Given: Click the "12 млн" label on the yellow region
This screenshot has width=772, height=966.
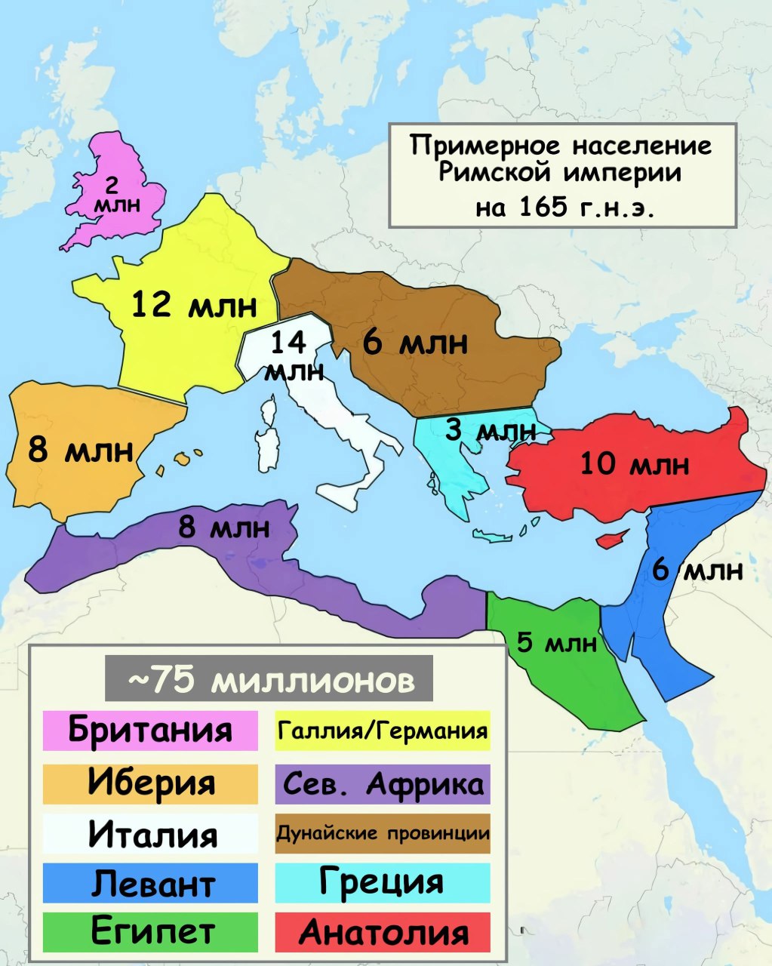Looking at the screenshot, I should pos(194,306).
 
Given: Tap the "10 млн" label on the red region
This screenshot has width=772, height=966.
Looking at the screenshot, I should pos(634,463).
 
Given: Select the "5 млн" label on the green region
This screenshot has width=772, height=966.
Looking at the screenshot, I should pos(556,643).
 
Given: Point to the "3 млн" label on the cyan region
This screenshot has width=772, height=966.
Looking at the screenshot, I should pos(491,431).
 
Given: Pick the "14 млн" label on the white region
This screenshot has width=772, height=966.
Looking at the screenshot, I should pos(291,355).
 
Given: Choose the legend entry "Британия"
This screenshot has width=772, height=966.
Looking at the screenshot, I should pos(150,730).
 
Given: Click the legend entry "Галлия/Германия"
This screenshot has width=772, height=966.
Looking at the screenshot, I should pos(383,731).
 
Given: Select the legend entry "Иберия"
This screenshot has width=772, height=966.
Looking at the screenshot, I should pos(150,783).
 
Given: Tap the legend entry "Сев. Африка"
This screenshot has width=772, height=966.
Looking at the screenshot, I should pos(383,784).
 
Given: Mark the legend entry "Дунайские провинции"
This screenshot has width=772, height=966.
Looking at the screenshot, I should pos(383,833).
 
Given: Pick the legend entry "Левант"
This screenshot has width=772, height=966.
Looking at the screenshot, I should pos(150,883).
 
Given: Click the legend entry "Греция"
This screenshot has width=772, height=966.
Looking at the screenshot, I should pos(383,881).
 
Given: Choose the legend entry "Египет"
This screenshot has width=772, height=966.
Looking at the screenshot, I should pos(150,932).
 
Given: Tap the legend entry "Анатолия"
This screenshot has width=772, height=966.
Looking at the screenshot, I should pos(383,932).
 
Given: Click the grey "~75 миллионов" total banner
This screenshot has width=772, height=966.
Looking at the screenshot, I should pos(269,679).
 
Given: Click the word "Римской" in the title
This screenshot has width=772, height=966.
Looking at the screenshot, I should pos(487,174).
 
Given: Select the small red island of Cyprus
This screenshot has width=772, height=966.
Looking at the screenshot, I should pos(612,540).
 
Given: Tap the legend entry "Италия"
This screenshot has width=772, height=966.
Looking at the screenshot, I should pos(150,833).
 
